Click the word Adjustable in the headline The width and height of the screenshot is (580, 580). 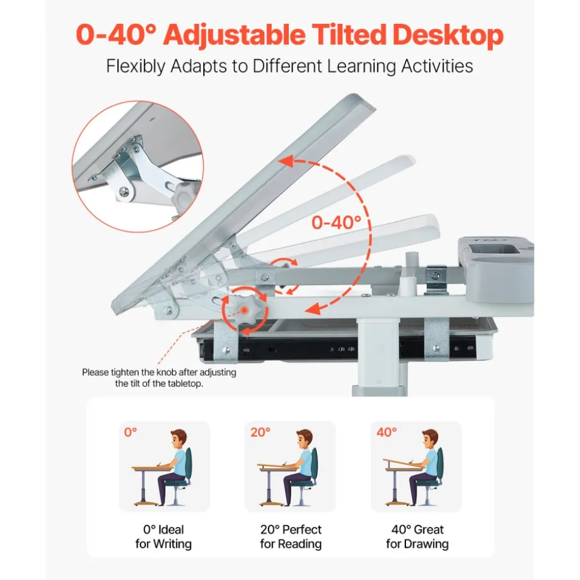coord(234,35)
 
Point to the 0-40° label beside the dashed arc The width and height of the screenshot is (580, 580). coord(336,223)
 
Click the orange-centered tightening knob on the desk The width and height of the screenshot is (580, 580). coord(245,310)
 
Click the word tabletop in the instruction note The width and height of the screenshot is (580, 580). coord(184,383)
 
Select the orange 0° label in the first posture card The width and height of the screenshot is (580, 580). coord(130,432)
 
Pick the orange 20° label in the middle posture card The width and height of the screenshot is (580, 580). coord(260,432)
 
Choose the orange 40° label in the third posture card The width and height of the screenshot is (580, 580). coord(387,432)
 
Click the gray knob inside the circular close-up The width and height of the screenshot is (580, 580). coord(185,195)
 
